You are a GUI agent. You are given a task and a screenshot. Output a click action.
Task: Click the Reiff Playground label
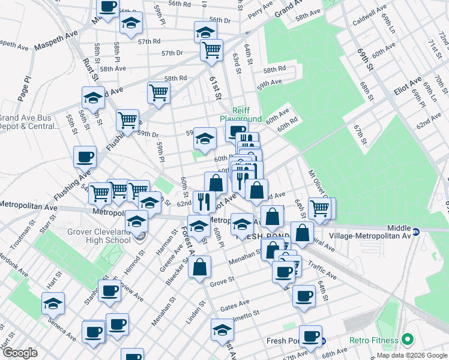pos(247,115)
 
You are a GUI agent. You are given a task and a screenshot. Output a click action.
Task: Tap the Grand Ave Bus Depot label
pos(30,122)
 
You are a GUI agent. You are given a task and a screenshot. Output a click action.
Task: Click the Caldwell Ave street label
pos(370,17)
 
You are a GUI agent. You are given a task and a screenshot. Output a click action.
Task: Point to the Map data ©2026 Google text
pos(411,355)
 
